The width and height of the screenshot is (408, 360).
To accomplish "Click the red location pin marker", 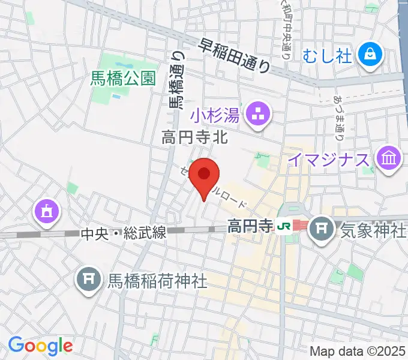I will click(x=204, y=175).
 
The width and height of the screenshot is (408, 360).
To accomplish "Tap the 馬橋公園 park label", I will click(x=123, y=78).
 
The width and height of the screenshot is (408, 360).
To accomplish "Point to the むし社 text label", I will click(x=327, y=56).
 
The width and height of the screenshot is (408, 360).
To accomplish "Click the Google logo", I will click(x=40, y=345).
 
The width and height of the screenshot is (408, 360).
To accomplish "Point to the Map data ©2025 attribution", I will click(x=357, y=350).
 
